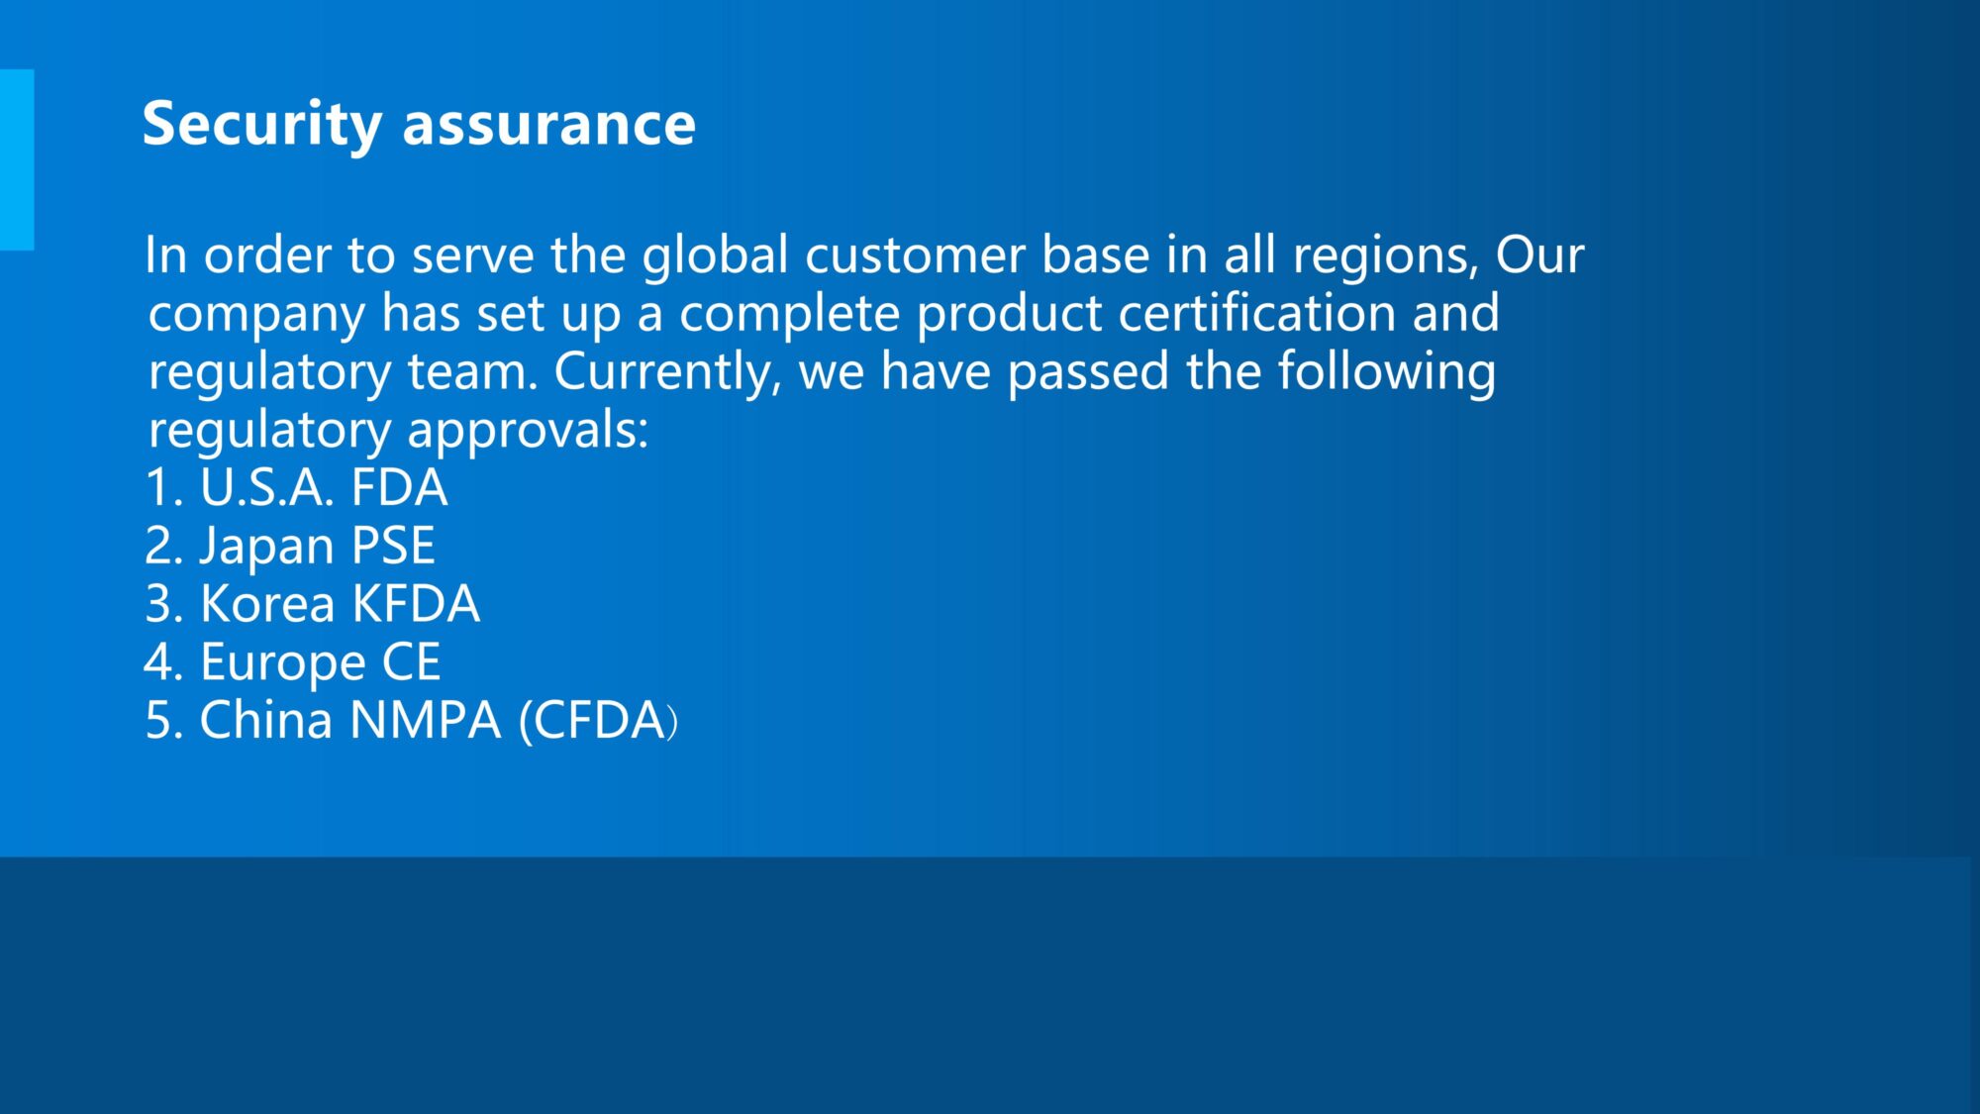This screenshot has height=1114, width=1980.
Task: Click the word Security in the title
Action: [261, 125]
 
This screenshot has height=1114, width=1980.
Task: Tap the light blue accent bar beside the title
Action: [17, 159]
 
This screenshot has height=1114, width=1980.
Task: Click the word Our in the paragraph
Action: [1539, 255]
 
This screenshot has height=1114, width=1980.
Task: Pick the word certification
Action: [1256, 313]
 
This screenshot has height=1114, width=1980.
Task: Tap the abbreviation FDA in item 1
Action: [399, 488]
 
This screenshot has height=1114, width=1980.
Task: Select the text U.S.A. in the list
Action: [266, 488]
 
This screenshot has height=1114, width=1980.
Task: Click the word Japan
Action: [266, 548]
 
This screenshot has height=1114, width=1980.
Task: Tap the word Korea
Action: [267, 604]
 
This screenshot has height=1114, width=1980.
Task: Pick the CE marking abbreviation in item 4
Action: [411, 662]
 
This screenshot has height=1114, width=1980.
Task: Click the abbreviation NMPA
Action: [426, 720]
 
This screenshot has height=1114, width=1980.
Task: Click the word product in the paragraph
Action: [1009, 315]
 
